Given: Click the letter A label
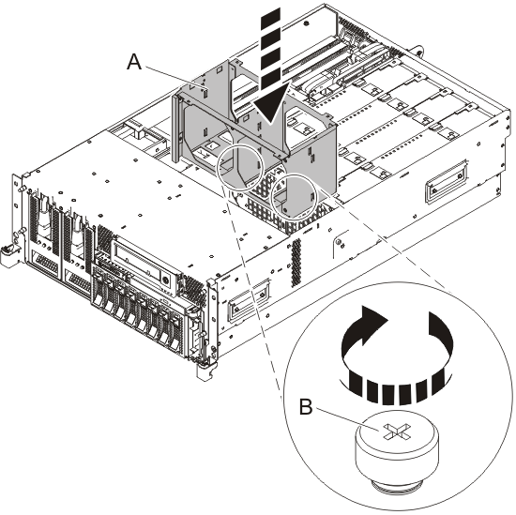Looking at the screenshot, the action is coord(134,62).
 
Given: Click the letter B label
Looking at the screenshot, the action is coord(306,407).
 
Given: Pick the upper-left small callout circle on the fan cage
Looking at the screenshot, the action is coord(240,167).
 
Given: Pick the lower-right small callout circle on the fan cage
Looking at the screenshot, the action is coord(294,196).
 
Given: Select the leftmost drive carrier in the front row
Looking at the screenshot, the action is coord(100,290).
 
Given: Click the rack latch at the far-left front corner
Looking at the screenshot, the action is coord(8,253).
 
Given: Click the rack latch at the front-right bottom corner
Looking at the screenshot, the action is coord(205,371).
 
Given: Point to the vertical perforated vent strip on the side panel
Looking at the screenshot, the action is coord(296,263).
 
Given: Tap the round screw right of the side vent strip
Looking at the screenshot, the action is coord(339,242).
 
